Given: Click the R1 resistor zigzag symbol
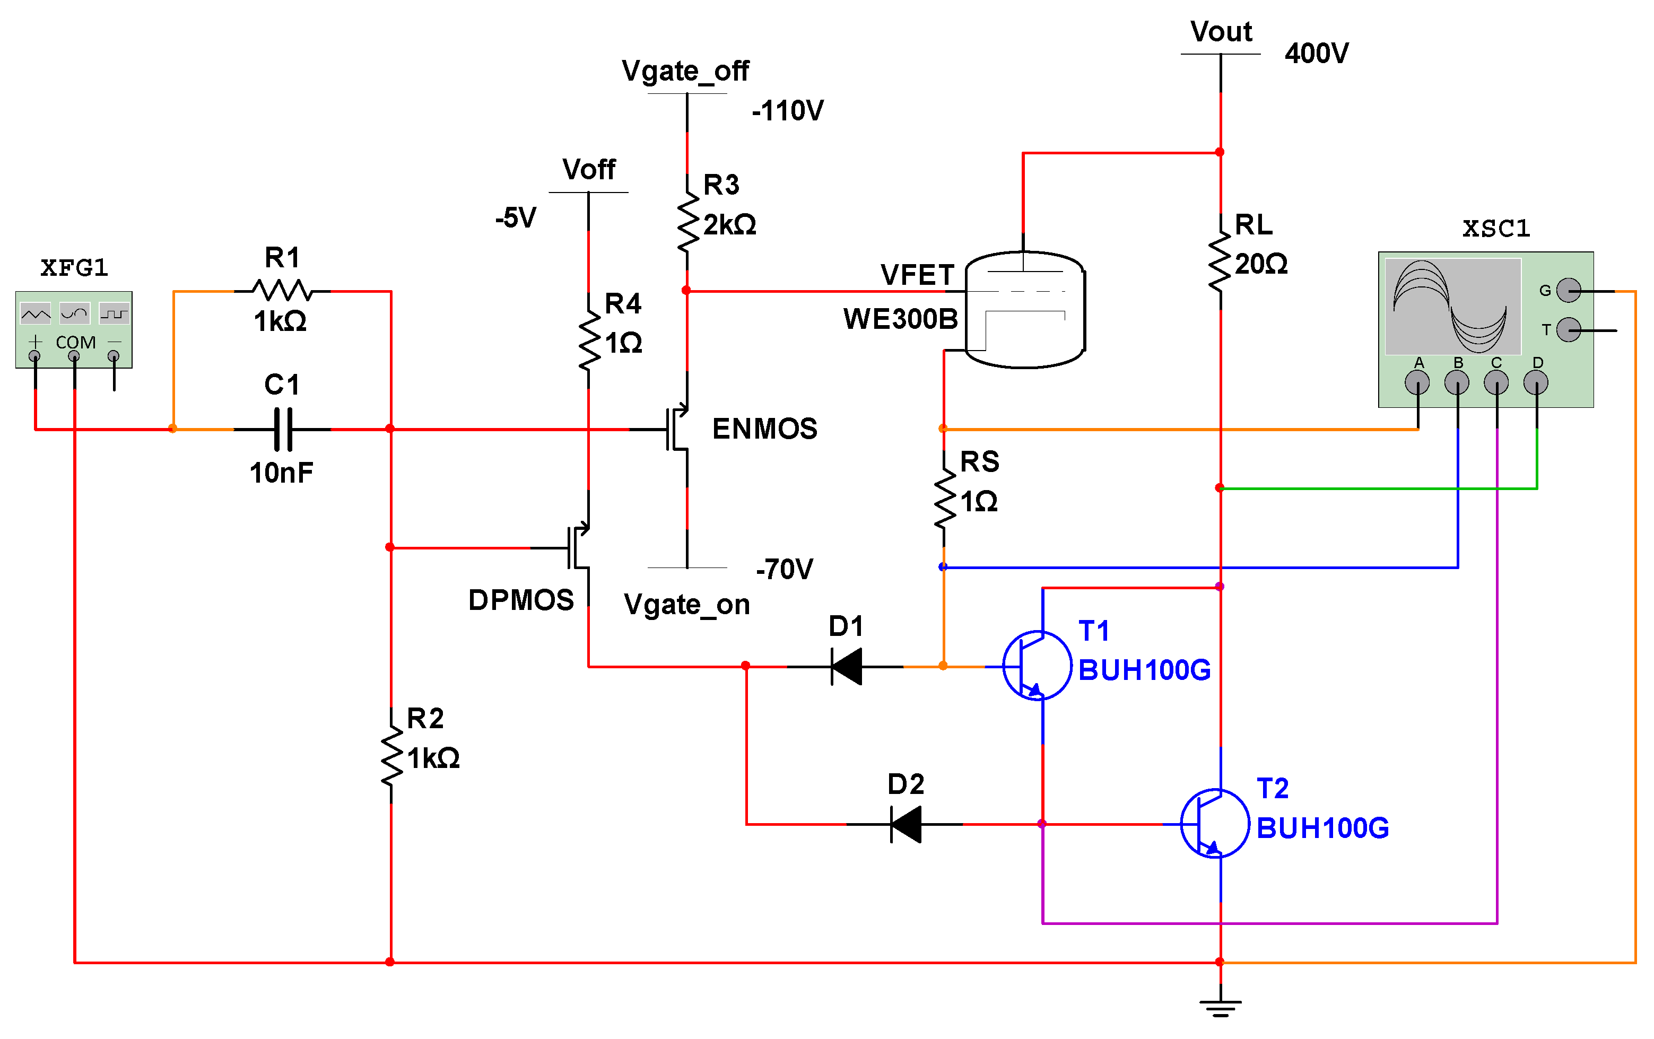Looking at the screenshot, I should click(x=282, y=291).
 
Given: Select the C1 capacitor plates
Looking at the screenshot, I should click(x=282, y=429).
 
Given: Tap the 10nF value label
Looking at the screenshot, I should click(x=281, y=473).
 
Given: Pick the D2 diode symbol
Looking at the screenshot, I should click(x=906, y=824).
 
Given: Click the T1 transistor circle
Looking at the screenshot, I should click(x=1037, y=666).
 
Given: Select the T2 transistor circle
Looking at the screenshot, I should click(x=1214, y=823).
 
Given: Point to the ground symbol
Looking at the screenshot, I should click(x=1220, y=1006).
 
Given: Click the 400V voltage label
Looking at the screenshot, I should click(x=1316, y=53).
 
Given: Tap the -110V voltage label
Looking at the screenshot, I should click(x=787, y=110).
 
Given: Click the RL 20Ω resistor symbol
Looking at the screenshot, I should click(x=1220, y=263).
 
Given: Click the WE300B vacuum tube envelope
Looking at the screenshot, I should click(x=1025, y=310).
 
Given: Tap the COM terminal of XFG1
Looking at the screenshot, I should click(x=74, y=356).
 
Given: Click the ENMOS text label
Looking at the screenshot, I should click(x=764, y=429).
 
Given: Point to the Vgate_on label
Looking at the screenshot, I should click(x=686, y=604).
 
